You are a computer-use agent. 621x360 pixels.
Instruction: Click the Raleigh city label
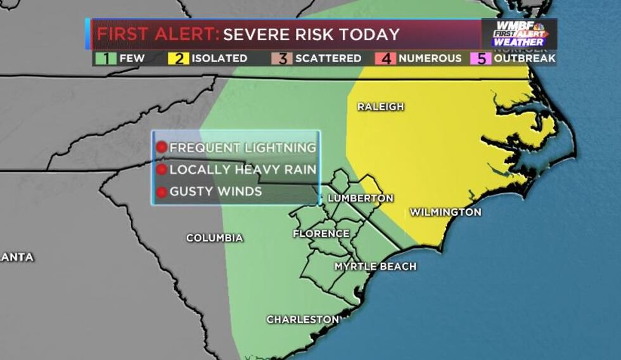[380, 106]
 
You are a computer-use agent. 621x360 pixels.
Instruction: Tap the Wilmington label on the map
[445, 212]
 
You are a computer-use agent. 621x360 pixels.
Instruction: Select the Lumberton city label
[360, 198]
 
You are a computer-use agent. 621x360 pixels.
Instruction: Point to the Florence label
[321, 234]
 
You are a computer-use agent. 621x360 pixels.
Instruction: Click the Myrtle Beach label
[375, 266]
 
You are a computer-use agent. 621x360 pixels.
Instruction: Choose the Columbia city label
[214, 238]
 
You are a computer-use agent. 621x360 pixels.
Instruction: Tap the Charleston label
[302, 319]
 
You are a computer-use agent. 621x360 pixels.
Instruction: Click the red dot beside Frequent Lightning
[161, 148]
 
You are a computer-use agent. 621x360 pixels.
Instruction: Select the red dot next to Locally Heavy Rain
[161, 170]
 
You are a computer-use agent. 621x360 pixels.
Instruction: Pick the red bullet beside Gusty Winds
[161, 191]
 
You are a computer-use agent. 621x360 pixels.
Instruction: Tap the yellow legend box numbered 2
[180, 58]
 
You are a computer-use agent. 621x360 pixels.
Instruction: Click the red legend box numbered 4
[388, 58]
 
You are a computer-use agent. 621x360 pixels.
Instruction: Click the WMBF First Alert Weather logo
[519, 34]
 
